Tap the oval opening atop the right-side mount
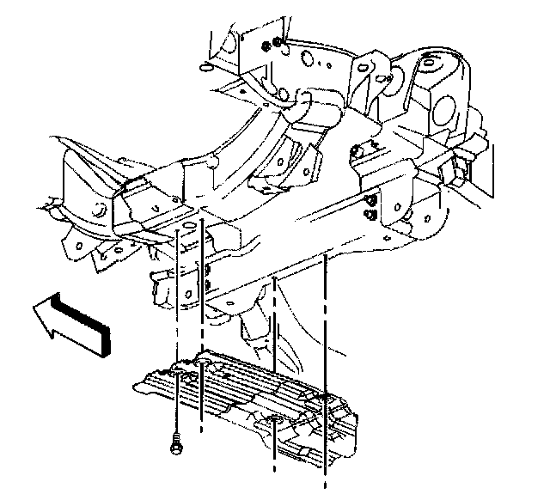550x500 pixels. [x=430, y=62]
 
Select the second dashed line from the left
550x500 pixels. [x=201, y=326]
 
